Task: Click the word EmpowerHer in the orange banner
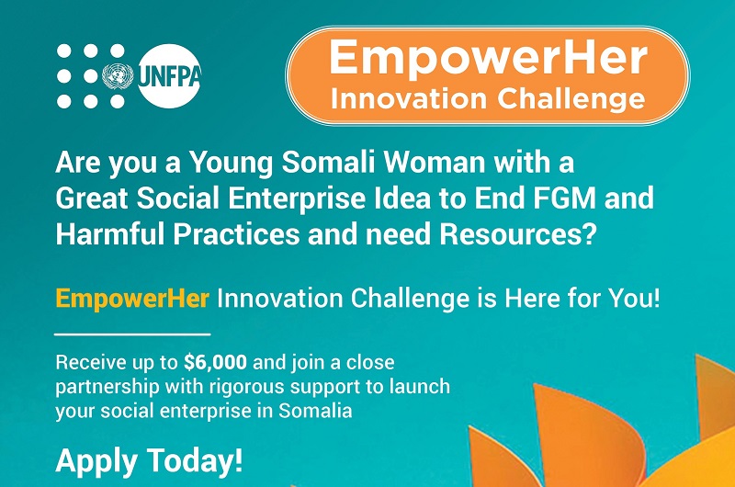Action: pyautogui.click(x=487, y=59)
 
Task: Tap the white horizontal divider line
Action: pyautogui.click(x=132, y=334)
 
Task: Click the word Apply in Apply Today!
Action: pyautogui.click(x=96, y=460)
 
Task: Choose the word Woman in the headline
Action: pyautogui.click(x=463, y=164)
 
